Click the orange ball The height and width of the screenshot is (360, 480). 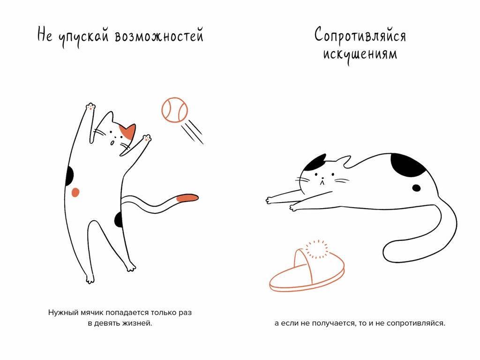[174, 110]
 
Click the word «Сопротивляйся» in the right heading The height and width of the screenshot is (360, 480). [360, 35]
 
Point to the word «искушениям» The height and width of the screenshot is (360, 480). [360, 54]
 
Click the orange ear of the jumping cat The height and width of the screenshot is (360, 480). [128, 132]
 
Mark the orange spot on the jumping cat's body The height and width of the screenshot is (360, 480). [75, 192]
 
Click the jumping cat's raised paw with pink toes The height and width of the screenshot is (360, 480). [90, 107]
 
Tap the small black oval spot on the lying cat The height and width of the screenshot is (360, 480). [416, 188]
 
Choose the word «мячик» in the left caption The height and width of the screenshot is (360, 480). [92, 312]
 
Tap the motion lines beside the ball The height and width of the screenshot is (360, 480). [193, 131]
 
